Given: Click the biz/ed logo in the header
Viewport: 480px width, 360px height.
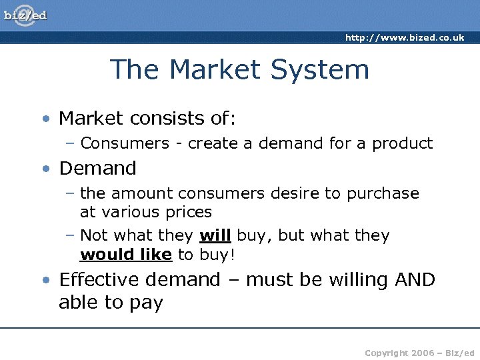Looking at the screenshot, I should pos(26,15).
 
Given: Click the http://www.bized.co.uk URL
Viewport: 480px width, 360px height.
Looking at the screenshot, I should pos(404,38).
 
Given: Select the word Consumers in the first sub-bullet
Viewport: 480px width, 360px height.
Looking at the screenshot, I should pos(125,143).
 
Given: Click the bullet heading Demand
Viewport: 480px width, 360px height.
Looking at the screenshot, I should pos(97,168).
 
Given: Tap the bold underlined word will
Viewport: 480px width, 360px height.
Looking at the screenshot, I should pos(215,235).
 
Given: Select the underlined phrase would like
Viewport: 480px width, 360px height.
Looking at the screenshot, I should pos(126,255).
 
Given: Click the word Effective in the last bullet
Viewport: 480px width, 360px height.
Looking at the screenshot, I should pos(101,279).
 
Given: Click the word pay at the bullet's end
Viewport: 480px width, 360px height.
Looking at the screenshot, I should pos(146,303).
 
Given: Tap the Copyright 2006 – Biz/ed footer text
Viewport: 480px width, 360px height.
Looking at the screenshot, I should pos(420,351).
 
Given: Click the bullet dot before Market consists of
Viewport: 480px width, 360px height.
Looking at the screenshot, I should pos(45,119).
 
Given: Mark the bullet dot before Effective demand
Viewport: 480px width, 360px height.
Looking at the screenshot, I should pos(45,280).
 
